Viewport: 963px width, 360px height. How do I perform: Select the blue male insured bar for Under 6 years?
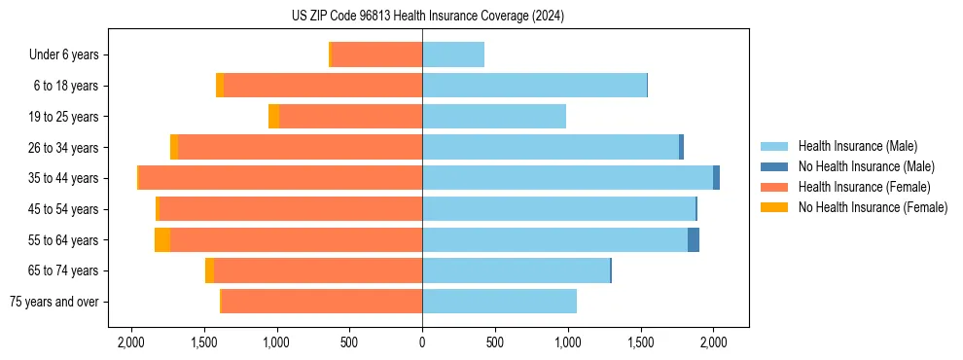point(453,54)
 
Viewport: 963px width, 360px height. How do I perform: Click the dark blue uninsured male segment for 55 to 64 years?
point(694,239)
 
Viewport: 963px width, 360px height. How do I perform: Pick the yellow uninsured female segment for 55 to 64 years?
point(162,239)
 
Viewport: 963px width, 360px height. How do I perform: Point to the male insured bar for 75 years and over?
point(499,302)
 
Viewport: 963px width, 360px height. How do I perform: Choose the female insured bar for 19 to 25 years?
point(350,117)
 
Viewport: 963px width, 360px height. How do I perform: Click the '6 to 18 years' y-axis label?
point(66,86)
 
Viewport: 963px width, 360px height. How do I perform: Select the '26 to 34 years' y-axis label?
point(63,148)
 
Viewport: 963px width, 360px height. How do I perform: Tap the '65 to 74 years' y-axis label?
point(63,270)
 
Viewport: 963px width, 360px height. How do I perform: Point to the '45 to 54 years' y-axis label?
point(63,209)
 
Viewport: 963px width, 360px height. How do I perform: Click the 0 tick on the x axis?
point(422,342)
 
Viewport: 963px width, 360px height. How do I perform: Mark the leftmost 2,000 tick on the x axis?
point(130,342)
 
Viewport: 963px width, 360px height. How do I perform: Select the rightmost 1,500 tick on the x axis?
point(640,342)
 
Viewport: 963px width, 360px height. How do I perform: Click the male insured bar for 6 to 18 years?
point(534,86)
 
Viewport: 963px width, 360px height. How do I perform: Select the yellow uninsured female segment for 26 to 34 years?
point(174,148)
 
